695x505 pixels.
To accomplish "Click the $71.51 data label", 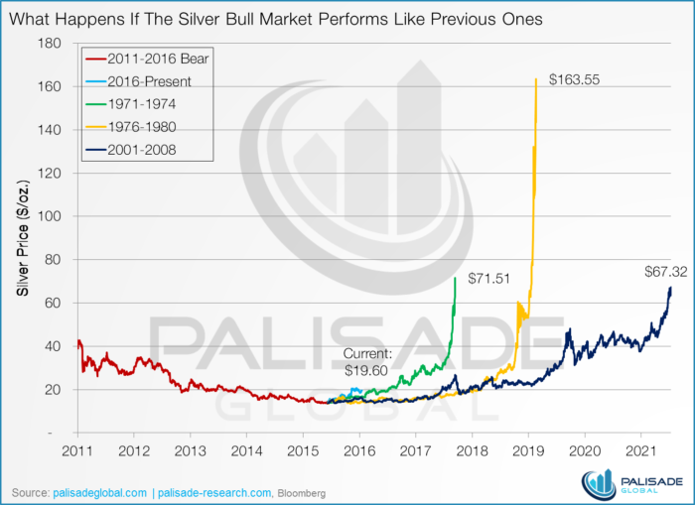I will [x=489, y=279].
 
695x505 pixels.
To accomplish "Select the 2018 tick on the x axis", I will [x=472, y=450].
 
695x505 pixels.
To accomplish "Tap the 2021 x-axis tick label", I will [x=640, y=450].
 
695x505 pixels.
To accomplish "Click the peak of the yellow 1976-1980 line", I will [x=536, y=79].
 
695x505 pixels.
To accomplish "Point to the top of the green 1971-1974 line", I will [x=455, y=279].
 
